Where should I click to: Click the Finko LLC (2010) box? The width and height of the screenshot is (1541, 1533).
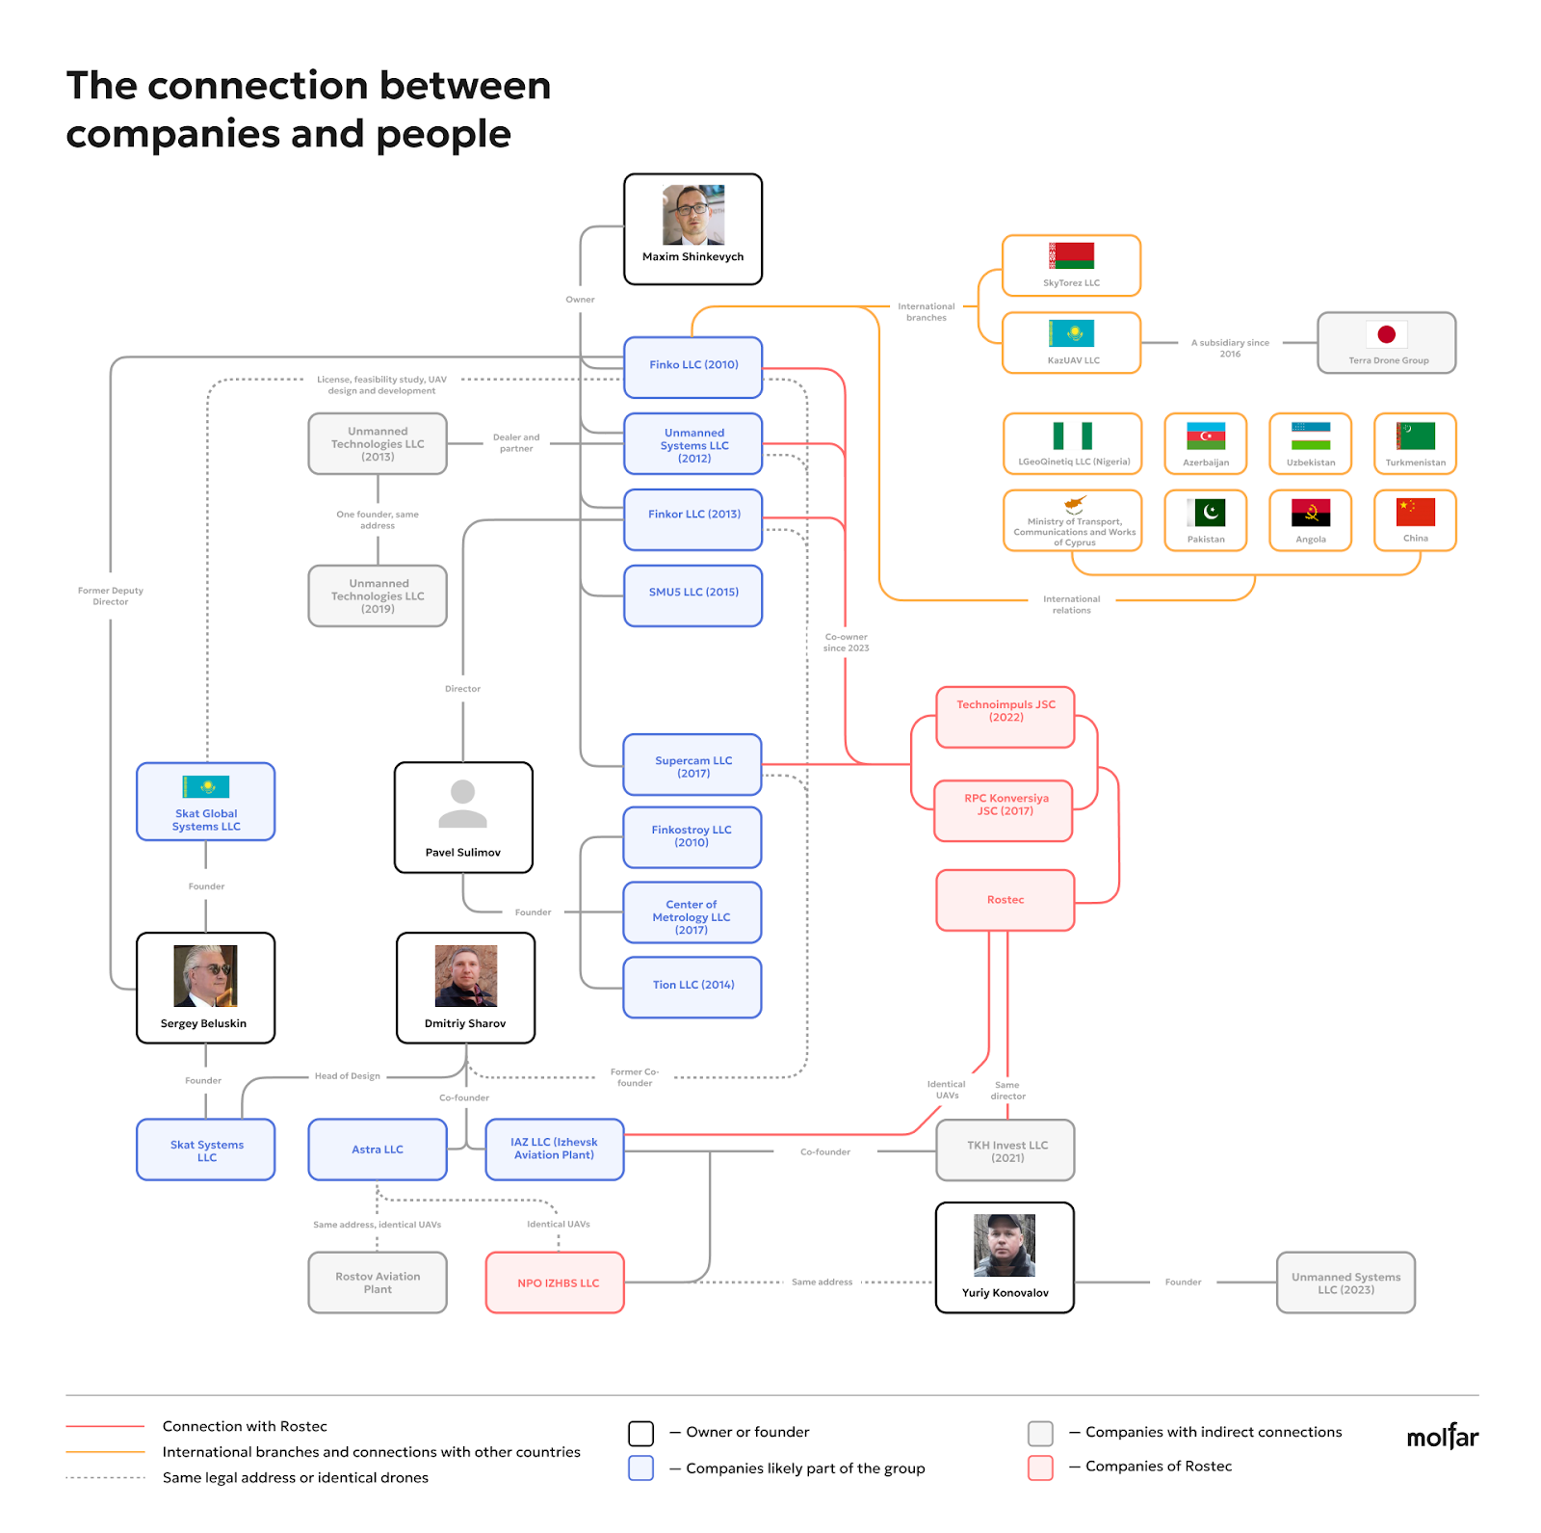693,367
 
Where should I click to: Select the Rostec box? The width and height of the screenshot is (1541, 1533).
1006,900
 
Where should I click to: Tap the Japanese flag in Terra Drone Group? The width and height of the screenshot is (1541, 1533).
1387,334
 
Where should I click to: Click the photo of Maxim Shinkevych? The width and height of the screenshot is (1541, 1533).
693,215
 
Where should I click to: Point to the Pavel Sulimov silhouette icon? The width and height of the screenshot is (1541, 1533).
463,804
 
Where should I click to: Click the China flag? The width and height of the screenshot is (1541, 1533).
1416,512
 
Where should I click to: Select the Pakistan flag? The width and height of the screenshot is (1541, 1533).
1206,512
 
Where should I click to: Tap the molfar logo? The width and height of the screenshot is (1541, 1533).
1443,1437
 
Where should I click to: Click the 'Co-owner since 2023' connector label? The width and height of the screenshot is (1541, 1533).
846,643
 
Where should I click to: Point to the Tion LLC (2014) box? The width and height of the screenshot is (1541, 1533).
692,987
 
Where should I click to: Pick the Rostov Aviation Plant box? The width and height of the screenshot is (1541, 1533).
378,1282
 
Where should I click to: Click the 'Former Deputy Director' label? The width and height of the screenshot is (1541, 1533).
111,596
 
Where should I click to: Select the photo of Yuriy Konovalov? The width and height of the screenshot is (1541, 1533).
1005,1245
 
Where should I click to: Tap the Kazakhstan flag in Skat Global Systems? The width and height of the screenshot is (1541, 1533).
206,786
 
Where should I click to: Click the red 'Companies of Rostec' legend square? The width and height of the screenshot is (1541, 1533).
1040,1467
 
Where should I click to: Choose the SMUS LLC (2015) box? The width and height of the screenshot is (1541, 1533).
693,595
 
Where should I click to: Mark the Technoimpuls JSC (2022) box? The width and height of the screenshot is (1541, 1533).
1006,717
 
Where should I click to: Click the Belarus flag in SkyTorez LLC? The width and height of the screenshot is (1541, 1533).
1072,255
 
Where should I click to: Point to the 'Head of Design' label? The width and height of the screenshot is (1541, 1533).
348,1076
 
